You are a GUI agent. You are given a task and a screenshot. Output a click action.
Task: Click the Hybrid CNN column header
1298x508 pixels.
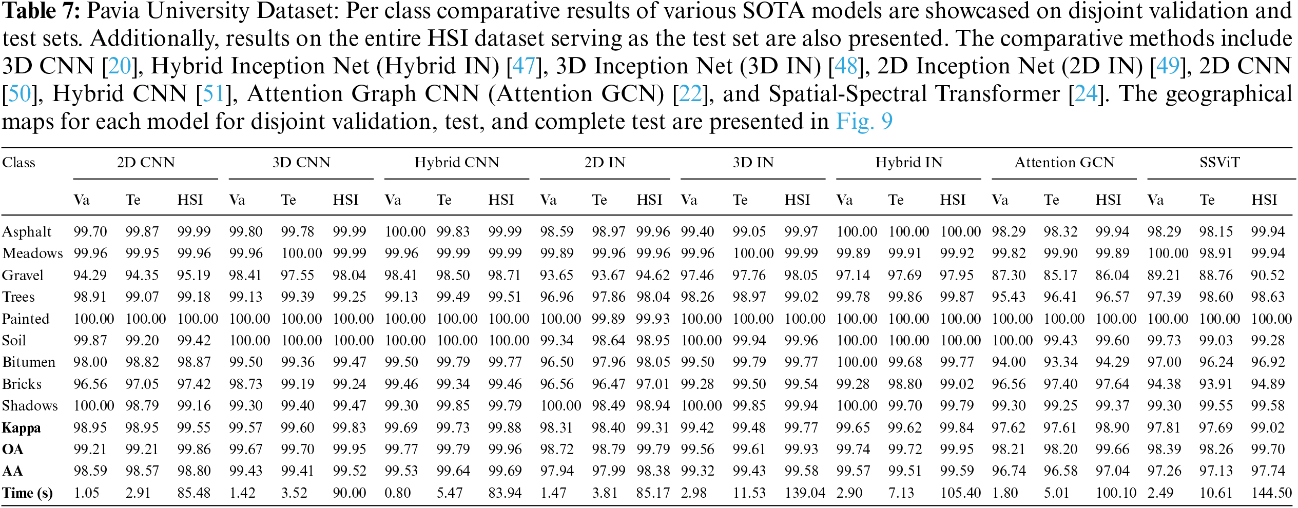[x=456, y=163]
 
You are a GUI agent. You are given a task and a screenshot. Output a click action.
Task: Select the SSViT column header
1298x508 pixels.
[x=1219, y=163]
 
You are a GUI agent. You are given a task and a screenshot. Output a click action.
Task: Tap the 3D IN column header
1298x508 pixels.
[x=752, y=163]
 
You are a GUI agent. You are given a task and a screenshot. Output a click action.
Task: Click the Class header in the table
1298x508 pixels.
[x=18, y=163]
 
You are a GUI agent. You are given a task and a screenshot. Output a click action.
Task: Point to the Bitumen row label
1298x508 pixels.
[x=29, y=362]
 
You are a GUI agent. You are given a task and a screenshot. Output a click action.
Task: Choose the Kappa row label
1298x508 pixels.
[x=21, y=428]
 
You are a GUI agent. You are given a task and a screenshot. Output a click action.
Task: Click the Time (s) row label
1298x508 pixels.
[x=27, y=493]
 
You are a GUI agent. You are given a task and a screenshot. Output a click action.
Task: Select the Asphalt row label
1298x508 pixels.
[x=27, y=232]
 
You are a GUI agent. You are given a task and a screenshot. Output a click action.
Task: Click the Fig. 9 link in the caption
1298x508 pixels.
[x=864, y=122]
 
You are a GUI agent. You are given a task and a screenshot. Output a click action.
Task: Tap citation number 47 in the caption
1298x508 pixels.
[x=524, y=66]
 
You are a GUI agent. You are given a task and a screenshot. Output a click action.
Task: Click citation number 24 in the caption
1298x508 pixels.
[x=1086, y=94]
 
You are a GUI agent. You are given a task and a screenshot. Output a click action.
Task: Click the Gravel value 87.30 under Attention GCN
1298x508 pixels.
[x=1008, y=276]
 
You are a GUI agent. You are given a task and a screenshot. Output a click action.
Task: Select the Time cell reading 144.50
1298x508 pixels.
[x=1271, y=493]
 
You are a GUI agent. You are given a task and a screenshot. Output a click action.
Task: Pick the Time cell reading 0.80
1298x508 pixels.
[x=398, y=493]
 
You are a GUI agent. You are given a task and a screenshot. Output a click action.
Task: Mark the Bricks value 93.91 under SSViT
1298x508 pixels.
[x=1216, y=384]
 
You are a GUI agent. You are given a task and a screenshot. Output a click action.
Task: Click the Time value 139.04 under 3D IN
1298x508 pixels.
[x=804, y=493]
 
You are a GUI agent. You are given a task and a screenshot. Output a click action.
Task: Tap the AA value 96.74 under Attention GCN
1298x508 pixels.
[x=1008, y=471]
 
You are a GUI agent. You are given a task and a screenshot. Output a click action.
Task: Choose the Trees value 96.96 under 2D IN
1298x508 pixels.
[x=556, y=297]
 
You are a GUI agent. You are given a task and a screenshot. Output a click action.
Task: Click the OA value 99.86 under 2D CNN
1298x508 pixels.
[x=194, y=450]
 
